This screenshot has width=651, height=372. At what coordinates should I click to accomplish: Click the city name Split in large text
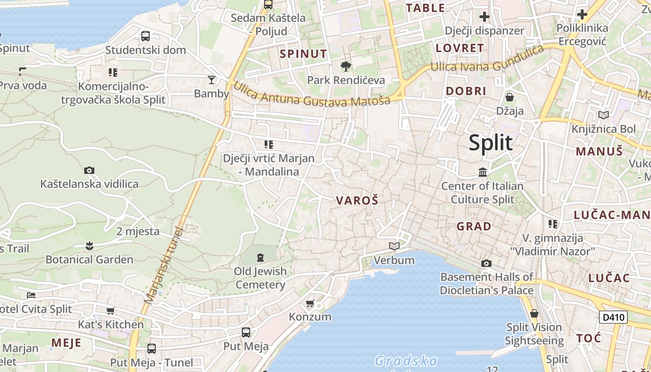490,143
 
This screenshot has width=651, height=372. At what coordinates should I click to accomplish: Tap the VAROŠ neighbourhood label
357,201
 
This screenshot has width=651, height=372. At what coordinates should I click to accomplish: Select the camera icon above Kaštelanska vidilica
89,171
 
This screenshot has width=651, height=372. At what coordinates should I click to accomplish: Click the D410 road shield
613,318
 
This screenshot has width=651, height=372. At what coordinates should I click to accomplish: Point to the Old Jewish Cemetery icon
260,257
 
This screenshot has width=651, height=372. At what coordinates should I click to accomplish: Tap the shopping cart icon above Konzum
310,303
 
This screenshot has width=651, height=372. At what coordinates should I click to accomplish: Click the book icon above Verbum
394,246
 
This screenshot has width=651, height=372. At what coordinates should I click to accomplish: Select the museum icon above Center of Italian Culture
483,173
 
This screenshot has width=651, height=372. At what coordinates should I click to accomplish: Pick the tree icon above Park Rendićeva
345,67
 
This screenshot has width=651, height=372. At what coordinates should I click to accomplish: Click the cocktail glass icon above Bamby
212,80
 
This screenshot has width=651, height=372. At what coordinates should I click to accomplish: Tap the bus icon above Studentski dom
146,36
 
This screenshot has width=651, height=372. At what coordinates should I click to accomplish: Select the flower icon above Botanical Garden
89,246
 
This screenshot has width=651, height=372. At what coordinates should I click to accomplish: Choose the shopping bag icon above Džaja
510,97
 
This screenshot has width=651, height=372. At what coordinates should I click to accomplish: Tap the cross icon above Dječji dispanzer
485,17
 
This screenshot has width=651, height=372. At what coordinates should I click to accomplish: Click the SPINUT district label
303,54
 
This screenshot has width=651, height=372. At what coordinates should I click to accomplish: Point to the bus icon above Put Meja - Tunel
152,348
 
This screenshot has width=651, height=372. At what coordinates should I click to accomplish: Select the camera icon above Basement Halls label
486,264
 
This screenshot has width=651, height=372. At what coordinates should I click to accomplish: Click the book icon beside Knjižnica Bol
604,115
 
